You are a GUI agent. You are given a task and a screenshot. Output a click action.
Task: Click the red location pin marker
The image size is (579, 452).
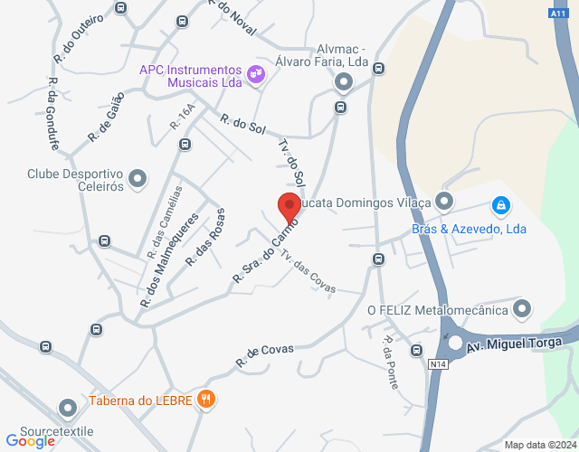[x=289, y=207]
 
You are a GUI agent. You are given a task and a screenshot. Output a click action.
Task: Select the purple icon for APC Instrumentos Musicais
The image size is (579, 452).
[x=255, y=73]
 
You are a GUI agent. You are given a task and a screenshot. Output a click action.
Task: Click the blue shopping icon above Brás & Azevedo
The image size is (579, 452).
[x=498, y=205]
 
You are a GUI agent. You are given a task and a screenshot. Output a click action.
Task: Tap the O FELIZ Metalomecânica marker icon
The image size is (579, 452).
[x=521, y=310]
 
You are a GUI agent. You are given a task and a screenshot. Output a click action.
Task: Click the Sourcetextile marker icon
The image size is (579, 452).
[x=67, y=410]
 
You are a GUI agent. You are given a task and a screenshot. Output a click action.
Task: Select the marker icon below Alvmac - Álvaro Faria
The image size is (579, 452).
[x=344, y=83]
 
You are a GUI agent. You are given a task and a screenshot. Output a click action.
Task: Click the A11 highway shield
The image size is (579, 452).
[x=558, y=14]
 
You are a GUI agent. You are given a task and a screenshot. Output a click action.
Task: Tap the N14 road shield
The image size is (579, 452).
[x=439, y=364]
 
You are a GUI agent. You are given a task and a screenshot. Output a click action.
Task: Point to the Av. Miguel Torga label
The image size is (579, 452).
[x=518, y=344]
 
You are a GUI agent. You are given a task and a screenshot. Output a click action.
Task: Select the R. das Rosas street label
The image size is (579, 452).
[x=205, y=237]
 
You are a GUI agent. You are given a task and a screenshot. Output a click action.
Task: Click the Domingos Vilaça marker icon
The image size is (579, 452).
[x=443, y=200]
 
